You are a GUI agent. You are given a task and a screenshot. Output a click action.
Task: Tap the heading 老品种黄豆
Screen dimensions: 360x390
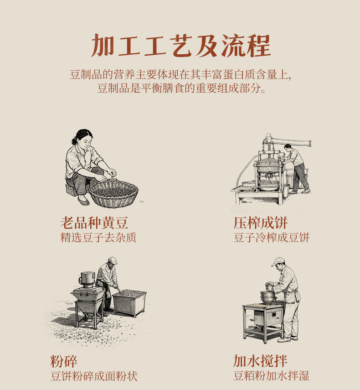pyautogui.click(x=94, y=223)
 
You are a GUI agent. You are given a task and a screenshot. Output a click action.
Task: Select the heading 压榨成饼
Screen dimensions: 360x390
pyautogui.click(x=260, y=223)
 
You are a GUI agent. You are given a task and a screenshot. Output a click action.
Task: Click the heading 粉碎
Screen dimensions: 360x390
pyautogui.click(x=64, y=361)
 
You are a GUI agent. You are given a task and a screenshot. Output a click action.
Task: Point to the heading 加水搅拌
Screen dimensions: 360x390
pyautogui.click(x=260, y=361)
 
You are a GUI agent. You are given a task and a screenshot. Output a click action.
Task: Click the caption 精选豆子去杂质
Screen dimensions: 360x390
pyautogui.click(x=98, y=238)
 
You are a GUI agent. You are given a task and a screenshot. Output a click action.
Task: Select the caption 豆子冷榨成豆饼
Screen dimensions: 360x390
pyautogui.click(x=271, y=238)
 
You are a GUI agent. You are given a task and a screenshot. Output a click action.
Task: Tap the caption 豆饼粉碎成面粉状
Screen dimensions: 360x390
pyautogui.click(x=94, y=376)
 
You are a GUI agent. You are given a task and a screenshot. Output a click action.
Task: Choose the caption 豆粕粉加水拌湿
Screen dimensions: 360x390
pyautogui.click(x=271, y=376)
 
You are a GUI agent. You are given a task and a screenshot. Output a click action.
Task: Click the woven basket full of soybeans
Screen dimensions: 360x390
pyautogui.click(x=113, y=193)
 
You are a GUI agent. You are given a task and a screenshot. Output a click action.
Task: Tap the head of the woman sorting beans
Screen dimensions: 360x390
pyautogui.click(x=83, y=138)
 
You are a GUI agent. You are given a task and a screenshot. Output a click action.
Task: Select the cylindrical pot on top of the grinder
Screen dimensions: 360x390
pyautogui.click(x=87, y=280)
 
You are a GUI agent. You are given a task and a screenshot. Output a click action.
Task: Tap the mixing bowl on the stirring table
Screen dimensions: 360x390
pyautogui.click(x=268, y=297)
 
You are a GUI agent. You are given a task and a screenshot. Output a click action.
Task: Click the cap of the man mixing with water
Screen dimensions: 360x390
pyautogui.click(x=278, y=261)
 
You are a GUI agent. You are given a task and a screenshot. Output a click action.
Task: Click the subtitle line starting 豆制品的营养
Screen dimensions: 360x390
pyautogui.click(x=180, y=75)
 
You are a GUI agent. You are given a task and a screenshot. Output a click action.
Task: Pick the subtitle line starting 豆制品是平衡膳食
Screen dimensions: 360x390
pyautogui.click(x=181, y=88)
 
